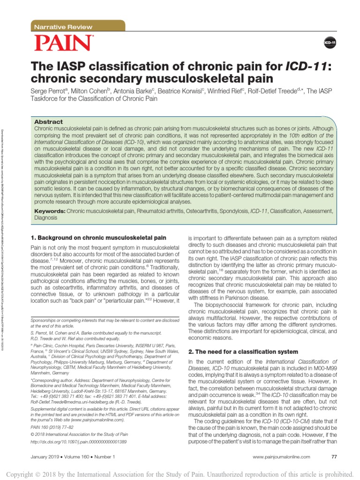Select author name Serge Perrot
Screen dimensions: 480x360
48,90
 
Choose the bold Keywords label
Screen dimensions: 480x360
50,211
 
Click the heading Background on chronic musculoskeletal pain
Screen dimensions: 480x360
98,238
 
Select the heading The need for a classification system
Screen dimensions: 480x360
243,352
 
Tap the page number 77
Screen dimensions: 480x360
334,457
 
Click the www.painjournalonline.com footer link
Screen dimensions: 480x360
281,457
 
